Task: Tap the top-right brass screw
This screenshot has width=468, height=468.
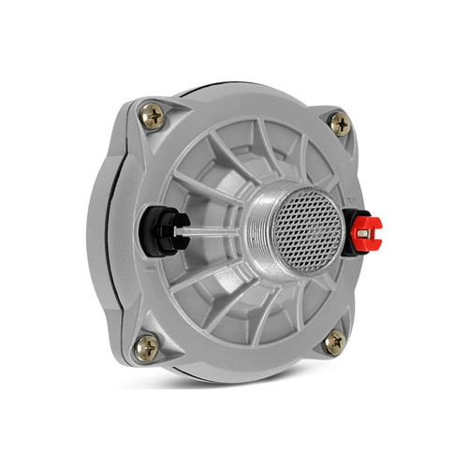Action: point(339,122)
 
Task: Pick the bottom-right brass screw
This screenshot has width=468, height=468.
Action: point(334,343)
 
